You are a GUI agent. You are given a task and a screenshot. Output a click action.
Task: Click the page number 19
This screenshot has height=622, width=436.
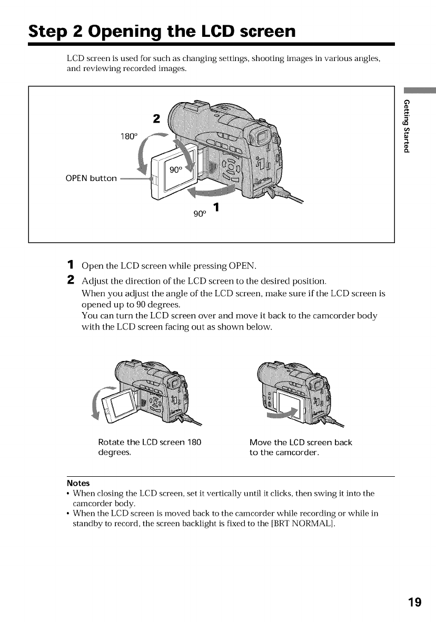pos(414,601)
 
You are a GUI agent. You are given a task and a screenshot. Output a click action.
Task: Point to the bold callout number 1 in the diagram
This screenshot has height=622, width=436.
pos(216,207)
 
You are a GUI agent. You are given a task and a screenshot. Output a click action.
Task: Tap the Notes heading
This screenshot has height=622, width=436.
pos(78,483)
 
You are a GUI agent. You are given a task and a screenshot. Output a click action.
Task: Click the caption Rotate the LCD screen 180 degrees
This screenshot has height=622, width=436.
pos(150,447)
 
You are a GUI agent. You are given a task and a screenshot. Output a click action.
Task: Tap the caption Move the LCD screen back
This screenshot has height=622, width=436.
pos(301,443)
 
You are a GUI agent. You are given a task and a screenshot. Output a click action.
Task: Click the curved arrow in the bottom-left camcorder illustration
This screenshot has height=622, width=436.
pos(97,402)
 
